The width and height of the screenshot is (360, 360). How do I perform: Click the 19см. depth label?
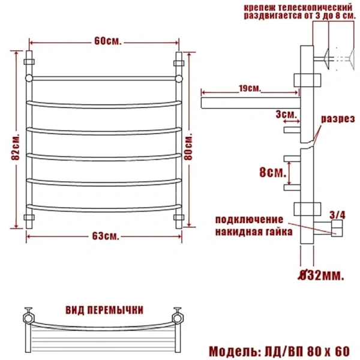tap(249, 89)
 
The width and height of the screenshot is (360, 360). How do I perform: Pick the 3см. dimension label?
tap(286, 113)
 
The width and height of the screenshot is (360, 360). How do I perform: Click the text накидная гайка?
tap(253, 231)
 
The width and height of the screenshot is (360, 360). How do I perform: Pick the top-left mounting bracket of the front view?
tap(28, 61)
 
